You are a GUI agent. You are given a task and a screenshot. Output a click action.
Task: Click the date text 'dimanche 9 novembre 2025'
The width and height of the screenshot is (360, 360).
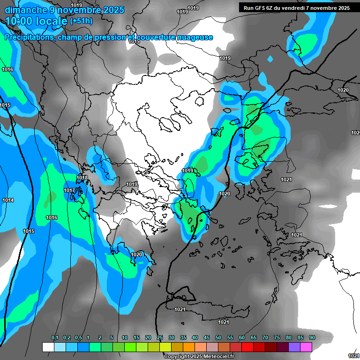coord(65,10)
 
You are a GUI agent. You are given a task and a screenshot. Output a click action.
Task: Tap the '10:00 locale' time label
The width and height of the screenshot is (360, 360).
coord(36,21)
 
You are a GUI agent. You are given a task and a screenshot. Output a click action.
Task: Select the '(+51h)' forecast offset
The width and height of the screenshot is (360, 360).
coord(81,21)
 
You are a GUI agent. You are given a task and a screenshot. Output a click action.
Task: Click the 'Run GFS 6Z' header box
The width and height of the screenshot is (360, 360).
coord(296,8)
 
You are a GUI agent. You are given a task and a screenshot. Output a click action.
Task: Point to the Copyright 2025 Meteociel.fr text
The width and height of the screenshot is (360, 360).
coord(199,356)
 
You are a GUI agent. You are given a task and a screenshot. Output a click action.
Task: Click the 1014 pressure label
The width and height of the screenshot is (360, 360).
coord(8,200)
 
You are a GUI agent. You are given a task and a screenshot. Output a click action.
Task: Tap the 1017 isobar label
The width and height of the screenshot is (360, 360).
coord(70,190)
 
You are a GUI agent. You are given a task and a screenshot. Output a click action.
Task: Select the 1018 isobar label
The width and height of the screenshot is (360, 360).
coord(82,178)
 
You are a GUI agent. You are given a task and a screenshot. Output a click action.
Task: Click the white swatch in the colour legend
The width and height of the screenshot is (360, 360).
coord(48,347)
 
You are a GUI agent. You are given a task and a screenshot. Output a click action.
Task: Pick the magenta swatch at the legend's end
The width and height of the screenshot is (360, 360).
coord(306,347)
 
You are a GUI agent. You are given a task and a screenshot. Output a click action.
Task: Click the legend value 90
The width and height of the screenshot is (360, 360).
coord(312,338)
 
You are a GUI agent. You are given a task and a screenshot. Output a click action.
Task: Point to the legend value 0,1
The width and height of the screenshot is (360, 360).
coord(55,338)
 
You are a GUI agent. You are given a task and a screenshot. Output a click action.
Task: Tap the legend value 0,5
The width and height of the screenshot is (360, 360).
coord(78,338)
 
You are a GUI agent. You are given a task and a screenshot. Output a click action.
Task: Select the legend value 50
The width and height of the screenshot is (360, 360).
coord(218,338)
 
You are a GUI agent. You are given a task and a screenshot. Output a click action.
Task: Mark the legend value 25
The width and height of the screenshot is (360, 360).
coord(160,338)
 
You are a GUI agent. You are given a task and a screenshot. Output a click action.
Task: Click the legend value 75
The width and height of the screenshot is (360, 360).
coord(277,338)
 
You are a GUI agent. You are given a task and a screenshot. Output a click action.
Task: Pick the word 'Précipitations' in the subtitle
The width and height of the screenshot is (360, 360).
coord(30,37)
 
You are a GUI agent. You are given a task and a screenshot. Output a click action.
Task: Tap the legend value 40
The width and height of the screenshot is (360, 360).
coord(195,338)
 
